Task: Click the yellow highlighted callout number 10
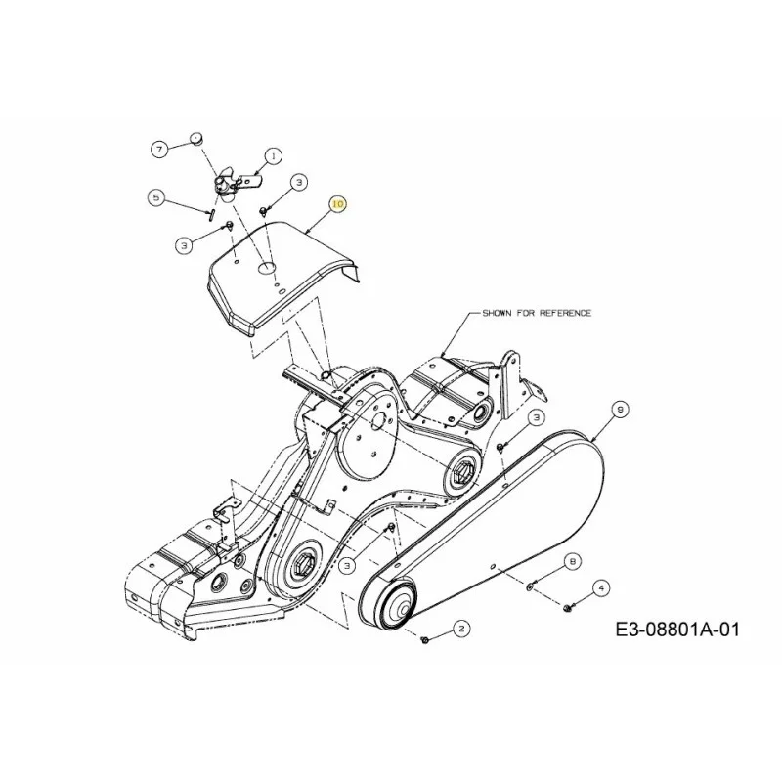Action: click(338, 204)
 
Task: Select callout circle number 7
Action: click(159, 150)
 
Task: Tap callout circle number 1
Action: click(273, 156)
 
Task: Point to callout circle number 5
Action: click(157, 198)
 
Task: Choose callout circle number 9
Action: click(620, 410)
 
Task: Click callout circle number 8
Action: click(573, 562)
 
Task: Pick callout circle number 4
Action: click(601, 588)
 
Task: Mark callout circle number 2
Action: click(461, 629)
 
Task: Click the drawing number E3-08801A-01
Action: click(677, 630)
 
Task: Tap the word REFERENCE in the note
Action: click(563, 313)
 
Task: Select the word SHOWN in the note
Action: click(496, 313)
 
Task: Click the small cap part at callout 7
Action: click(197, 138)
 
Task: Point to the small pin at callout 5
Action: click(211, 215)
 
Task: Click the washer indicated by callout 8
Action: click(530, 586)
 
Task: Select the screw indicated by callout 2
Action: click(425, 639)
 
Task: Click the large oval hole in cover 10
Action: click(266, 268)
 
